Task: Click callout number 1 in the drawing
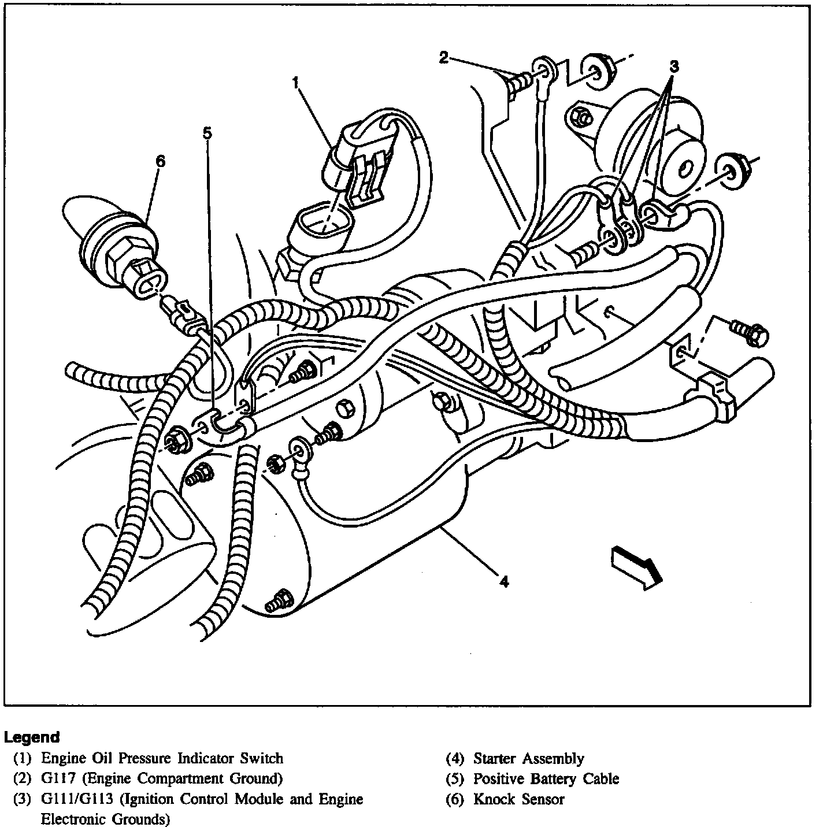[295, 83]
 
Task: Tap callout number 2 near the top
[443, 57]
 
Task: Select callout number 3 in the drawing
[673, 66]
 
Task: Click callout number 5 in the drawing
[206, 133]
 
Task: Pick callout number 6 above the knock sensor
[160, 161]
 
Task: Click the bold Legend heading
[32, 737]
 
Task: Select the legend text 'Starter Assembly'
[528, 758]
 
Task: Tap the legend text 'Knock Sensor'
[518, 799]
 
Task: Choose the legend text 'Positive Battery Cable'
[546, 779]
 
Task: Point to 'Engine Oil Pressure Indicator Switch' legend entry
[162, 758]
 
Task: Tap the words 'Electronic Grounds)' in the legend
[105, 819]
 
